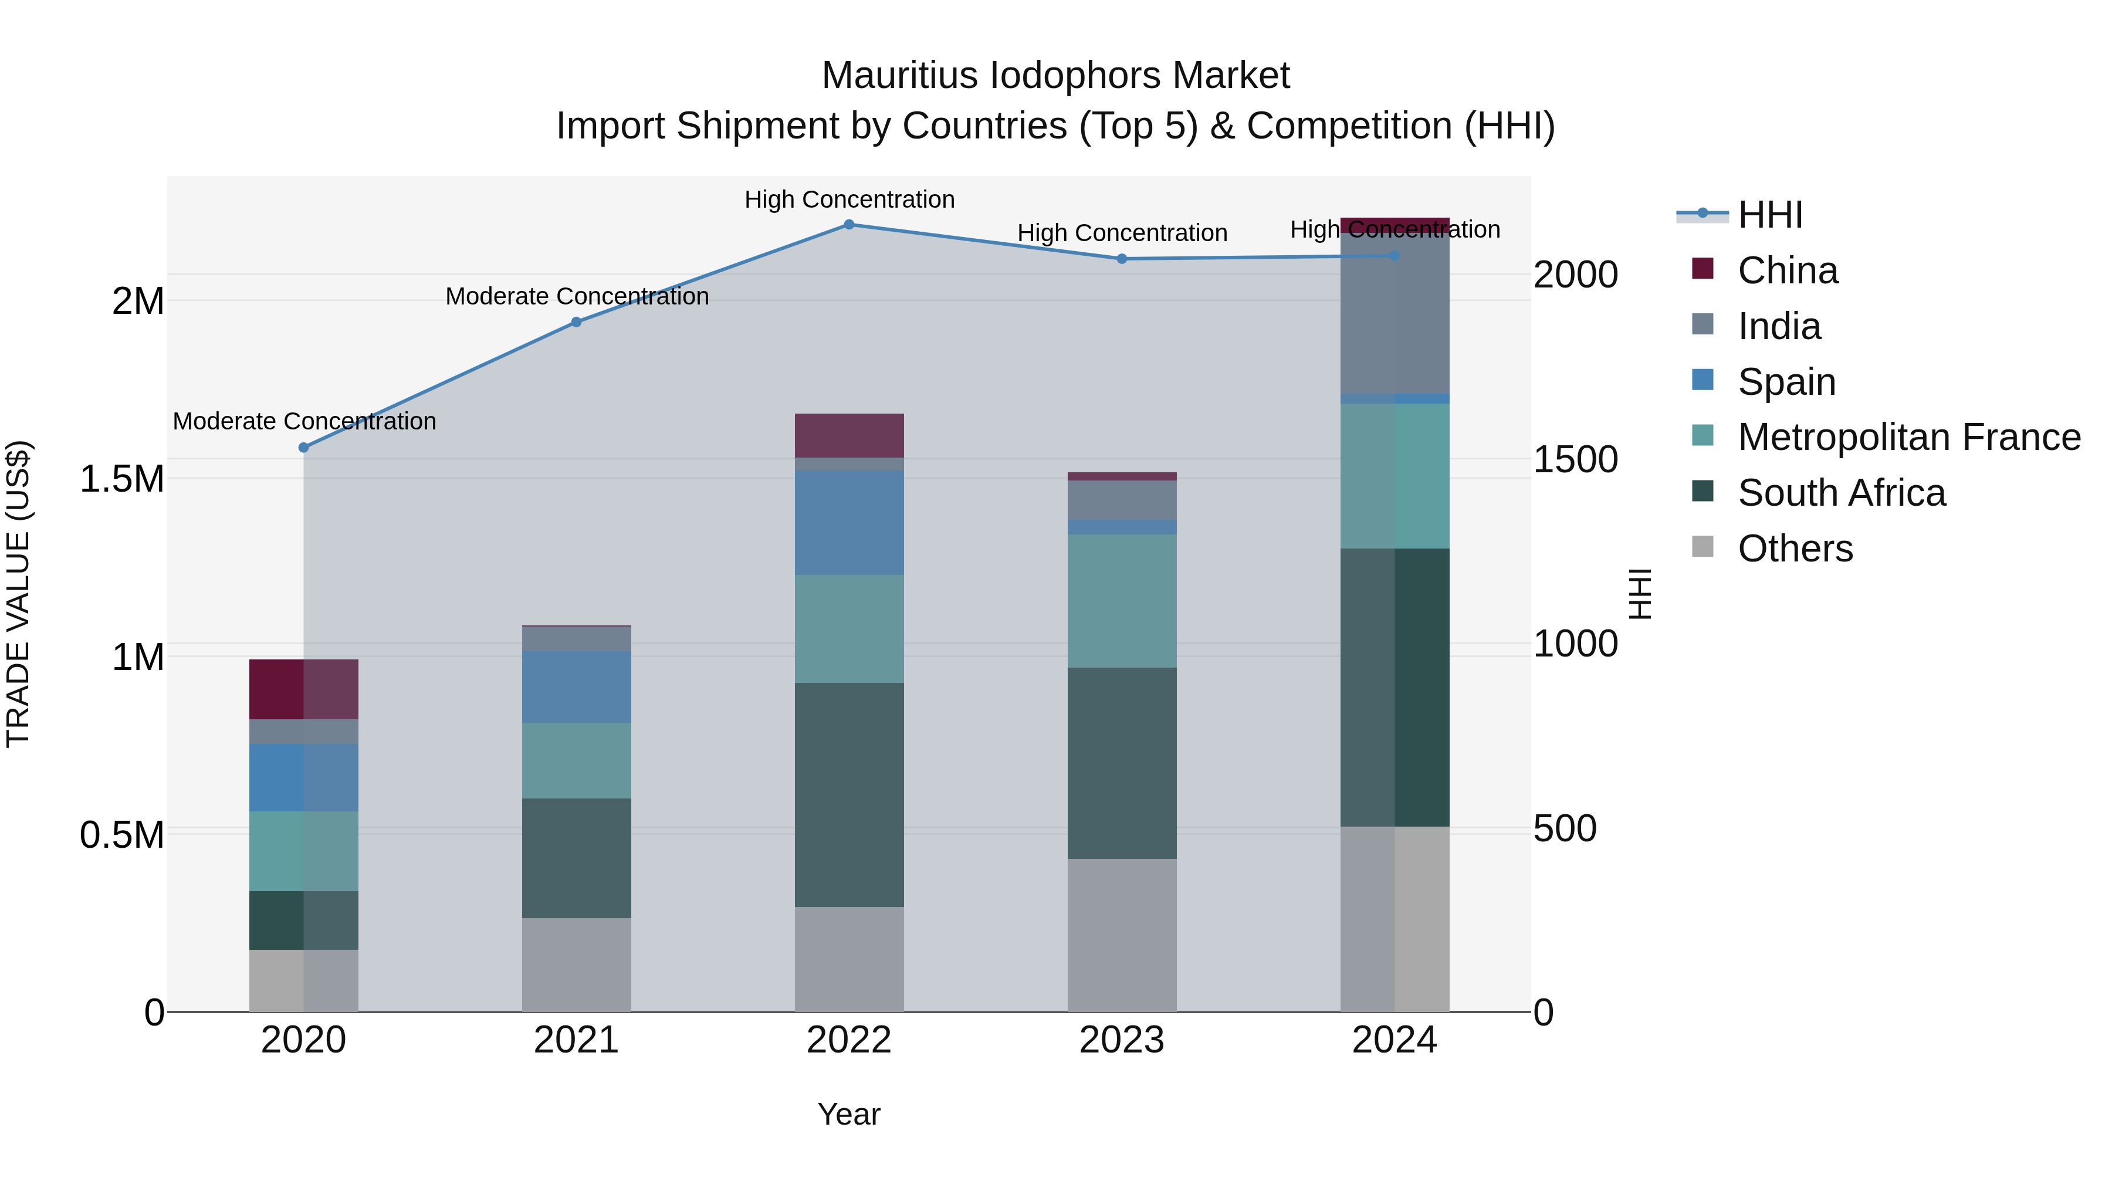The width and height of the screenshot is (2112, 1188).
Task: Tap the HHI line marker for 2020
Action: [x=303, y=448]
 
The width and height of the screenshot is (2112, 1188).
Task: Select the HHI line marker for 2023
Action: [x=1122, y=259]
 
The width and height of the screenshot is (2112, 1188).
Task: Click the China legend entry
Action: [x=1788, y=270]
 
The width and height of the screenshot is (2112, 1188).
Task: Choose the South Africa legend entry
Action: [x=1840, y=493]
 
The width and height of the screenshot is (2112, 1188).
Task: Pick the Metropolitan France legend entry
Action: [x=1908, y=437]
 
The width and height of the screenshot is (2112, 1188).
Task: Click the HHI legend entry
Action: [x=1769, y=215]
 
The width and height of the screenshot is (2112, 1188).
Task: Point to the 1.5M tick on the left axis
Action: [x=122, y=479]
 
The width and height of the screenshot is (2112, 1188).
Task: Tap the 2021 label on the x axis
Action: [x=576, y=1040]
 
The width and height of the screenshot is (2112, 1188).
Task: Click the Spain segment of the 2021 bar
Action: [x=576, y=687]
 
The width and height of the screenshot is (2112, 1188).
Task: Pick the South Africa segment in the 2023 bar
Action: [x=1122, y=763]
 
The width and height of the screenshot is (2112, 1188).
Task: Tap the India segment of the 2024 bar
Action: [x=1394, y=313]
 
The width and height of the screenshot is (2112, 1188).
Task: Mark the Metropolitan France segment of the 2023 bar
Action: [x=1122, y=601]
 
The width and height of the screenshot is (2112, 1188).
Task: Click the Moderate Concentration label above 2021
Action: [x=576, y=297]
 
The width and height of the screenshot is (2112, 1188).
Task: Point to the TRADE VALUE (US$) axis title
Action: [x=18, y=594]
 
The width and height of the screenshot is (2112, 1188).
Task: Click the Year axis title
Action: [x=848, y=1114]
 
